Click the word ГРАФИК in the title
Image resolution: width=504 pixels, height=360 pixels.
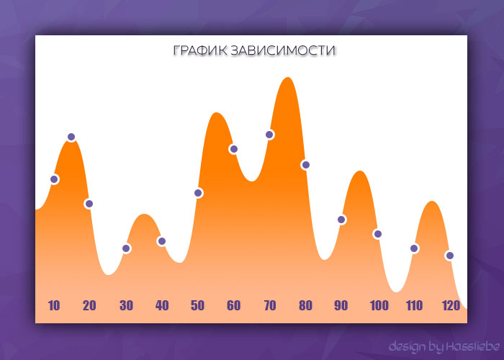click(x=199, y=52)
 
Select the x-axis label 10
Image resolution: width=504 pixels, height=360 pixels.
click(x=54, y=305)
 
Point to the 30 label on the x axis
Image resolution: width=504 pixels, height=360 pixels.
click(x=126, y=305)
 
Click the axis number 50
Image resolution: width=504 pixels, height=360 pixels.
click(x=197, y=305)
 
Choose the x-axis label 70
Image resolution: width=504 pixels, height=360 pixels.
click(x=270, y=305)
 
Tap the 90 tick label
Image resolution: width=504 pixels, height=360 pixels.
click(x=341, y=305)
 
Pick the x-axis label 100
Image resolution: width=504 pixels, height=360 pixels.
click(x=379, y=305)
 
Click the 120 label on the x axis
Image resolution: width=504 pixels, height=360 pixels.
click(x=451, y=305)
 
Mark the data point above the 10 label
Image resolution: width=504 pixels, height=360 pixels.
click(x=54, y=179)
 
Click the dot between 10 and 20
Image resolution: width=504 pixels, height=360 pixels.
click(x=71, y=137)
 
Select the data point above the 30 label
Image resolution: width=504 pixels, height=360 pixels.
click(x=126, y=248)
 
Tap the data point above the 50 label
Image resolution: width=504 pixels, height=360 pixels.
click(x=198, y=193)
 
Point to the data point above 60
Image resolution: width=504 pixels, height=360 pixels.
click(x=233, y=149)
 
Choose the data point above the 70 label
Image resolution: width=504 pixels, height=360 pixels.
click(x=269, y=135)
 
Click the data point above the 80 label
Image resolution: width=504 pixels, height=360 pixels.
click(x=305, y=165)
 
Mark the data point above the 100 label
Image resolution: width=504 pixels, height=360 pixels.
click(x=377, y=234)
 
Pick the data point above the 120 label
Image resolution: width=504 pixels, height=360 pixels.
click(x=449, y=256)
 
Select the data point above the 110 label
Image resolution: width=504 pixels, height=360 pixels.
click(x=414, y=248)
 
